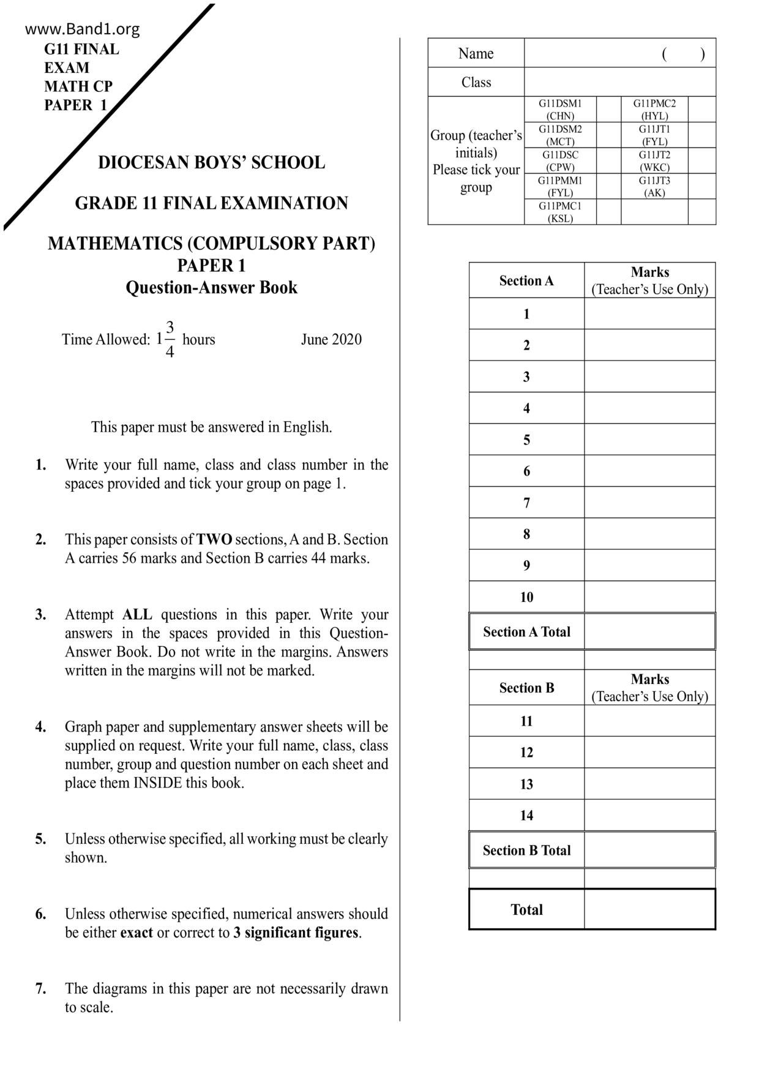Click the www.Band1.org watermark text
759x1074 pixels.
[x=83, y=29]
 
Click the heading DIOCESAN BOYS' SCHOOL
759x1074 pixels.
[x=211, y=163]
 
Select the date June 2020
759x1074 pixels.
[x=331, y=340]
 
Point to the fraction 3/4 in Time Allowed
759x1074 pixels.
[x=170, y=340]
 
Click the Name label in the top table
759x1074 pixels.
[x=476, y=54]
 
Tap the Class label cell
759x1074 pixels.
[x=476, y=82]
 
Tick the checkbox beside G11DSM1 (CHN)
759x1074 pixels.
[x=608, y=110]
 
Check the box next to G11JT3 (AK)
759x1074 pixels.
[x=701, y=187]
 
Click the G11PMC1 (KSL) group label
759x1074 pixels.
[x=560, y=212]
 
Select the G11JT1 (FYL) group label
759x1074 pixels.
[x=654, y=135]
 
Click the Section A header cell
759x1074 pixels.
[x=526, y=281]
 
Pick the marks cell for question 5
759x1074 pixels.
[x=649, y=440]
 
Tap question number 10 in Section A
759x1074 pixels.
[x=526, y=597]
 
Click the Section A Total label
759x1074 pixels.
[x=526, y=632]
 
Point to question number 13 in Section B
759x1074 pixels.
[x=526, y=784]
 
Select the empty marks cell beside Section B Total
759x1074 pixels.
[x=649, y=851]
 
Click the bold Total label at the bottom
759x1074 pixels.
[x=526, y=910]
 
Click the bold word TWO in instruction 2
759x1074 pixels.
[x=214, y=540]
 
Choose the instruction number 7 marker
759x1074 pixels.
[x=41, y=989]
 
